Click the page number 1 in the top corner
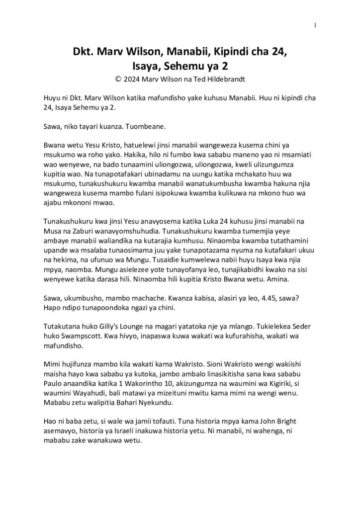pyautogui.click(x=315, y=25)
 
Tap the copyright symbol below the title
pyautogui.click(x=118, y=78)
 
